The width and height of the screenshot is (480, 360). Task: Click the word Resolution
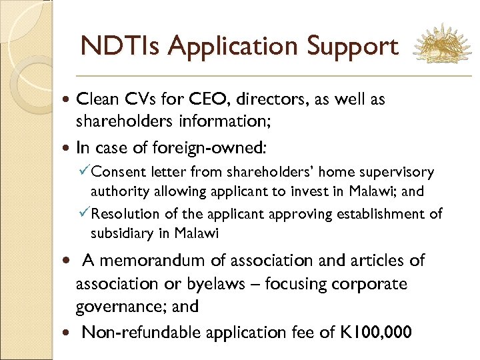(125, 214)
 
